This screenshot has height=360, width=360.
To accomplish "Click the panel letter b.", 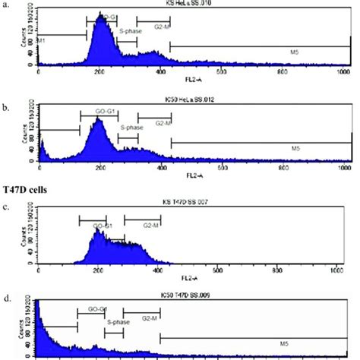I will pyautogui.click(x=6, y=98).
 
